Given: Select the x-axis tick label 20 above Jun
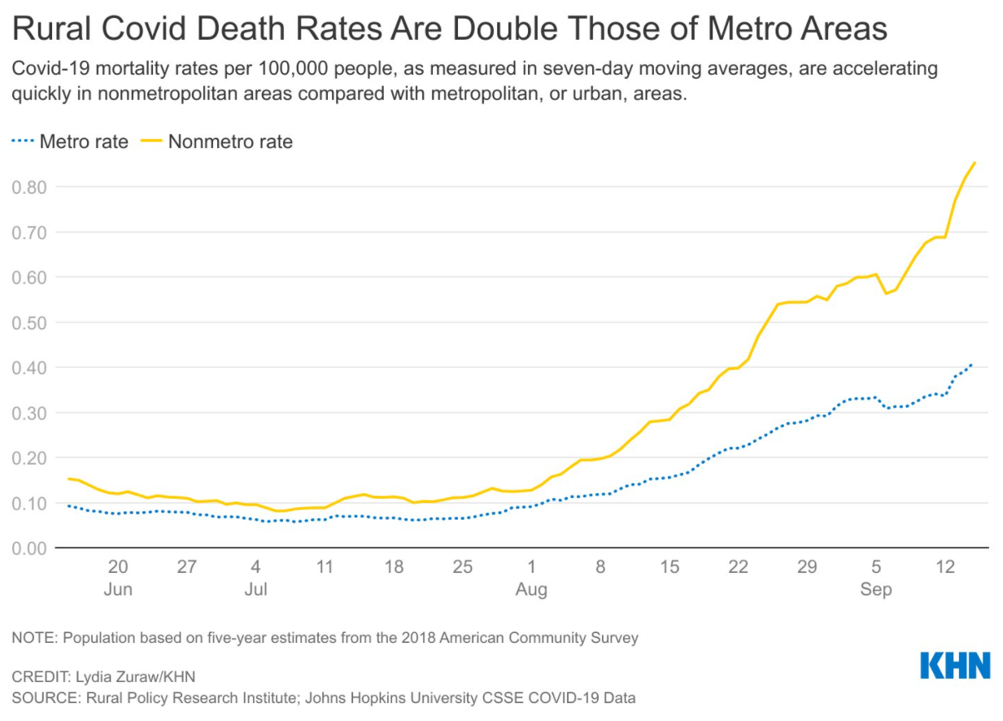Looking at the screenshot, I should (118, 567).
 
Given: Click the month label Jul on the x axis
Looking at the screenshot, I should (255, 589).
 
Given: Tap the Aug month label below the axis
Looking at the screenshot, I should (531, 589).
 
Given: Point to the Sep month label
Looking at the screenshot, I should (876, 589).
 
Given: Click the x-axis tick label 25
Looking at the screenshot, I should (462, 567).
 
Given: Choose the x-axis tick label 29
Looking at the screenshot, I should (807, 567).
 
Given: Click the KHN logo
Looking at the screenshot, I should (955, 665).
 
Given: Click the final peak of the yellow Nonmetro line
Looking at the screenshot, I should (975, 162).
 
